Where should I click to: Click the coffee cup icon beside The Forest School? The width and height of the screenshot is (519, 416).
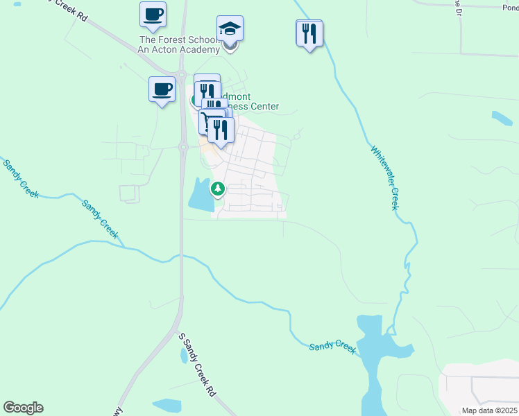(x=153, y=14)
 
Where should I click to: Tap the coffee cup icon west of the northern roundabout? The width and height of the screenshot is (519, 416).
(x=162, y=89)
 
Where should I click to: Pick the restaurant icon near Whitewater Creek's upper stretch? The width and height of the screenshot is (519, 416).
(x=309, y=33)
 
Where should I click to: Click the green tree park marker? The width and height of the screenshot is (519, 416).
(x=218, y=189)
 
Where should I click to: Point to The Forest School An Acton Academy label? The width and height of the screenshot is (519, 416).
(x=180, y=45)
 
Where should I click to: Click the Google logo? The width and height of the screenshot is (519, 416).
(x=23, y=408)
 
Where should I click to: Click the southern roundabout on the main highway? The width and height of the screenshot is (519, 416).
(x=184, y=146)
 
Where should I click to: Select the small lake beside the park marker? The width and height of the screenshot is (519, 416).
(x=199, y=196)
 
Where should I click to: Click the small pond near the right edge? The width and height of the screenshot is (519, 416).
(x=502, y=118)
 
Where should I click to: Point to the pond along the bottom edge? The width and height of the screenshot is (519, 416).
(x=167, y=406)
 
